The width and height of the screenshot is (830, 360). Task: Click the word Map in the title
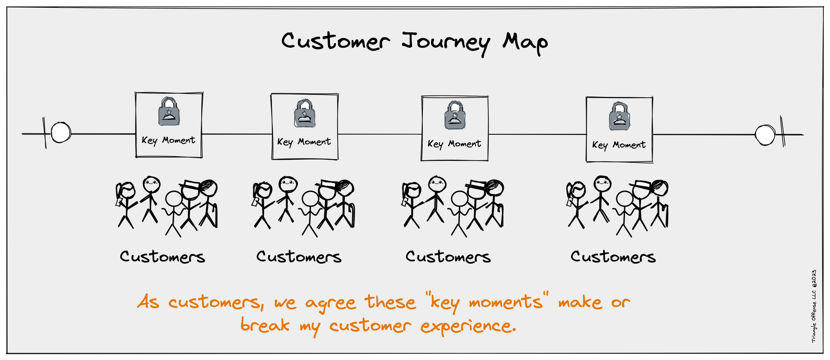pos(524,43)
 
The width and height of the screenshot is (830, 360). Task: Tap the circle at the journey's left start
pos(61,132)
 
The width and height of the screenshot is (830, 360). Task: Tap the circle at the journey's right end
pos(765,135)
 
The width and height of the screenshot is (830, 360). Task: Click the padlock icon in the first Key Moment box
pos(169,112)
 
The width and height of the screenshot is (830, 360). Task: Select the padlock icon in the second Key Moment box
pos(305,114)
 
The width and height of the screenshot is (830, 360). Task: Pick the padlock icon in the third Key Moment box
pos(455,115)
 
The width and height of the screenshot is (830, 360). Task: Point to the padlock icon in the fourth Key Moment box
pos(619,116)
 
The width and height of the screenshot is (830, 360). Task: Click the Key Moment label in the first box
pos(169,140)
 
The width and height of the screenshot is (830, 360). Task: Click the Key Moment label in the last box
pos(619,145)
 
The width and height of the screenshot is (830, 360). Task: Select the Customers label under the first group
pos(162,257)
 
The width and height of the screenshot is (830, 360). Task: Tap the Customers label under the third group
pos(448,257)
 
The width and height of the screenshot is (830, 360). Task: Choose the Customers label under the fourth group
pos(613,257)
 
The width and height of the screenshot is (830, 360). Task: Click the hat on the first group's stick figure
pos(190,185)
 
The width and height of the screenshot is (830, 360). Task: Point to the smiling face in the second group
pos(287,184)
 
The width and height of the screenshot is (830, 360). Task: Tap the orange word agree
pos(330,303)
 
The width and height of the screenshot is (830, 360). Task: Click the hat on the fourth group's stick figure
pos(641,185)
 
